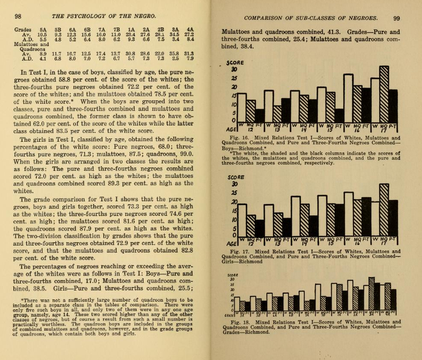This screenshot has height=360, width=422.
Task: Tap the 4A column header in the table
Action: click(190, 29)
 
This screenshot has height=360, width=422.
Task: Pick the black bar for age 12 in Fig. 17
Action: click(259, 225)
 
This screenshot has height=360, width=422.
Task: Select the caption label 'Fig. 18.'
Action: click(242, 321)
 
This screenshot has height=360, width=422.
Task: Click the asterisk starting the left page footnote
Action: click(22, 300)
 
